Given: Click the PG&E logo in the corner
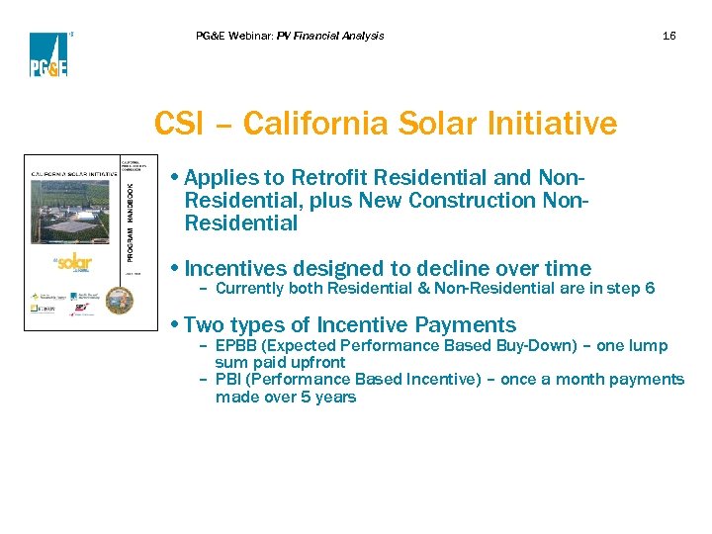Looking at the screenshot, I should click(x=48, y=54).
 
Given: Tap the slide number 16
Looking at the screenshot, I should click(x=669, y=36).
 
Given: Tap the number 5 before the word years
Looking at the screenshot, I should click(x=306, y=398).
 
